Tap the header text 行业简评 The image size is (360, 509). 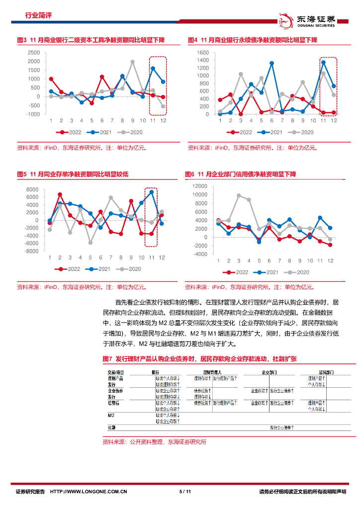tap(38, 15)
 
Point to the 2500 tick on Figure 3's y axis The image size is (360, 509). tap(34, 52)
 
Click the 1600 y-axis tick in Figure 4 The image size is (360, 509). tap(203, 52)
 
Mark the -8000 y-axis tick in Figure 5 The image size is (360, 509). tap(31, 251)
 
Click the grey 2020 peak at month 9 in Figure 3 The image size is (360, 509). tap(133, 62)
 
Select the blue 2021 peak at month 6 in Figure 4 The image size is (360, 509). tap(271, 63)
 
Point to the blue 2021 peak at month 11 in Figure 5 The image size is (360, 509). tap(152, 192)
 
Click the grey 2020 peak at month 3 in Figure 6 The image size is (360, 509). tap(239, 195)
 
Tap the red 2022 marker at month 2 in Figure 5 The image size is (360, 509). tap(60, 194)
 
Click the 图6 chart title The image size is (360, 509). tap(240, 174)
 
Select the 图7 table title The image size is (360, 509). tap(199, 359)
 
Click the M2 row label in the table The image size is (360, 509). tap(111, 415)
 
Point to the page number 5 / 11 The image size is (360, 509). tap(185, 492)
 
